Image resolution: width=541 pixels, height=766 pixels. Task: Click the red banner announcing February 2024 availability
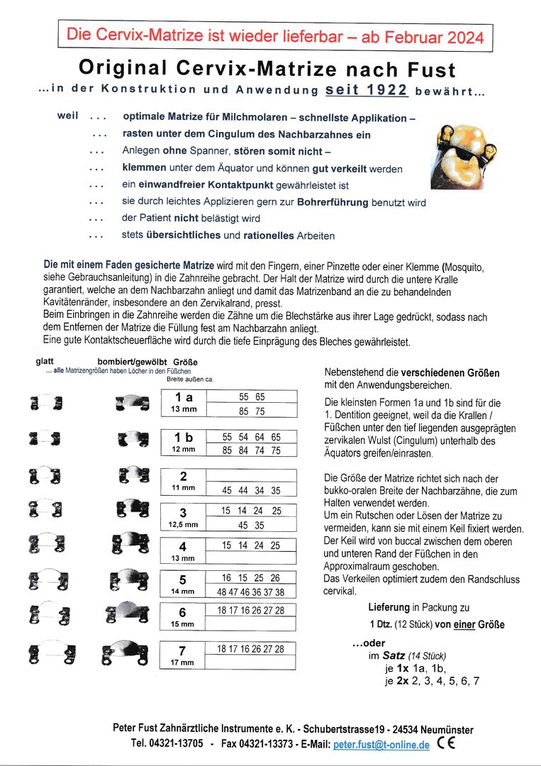(275, 36)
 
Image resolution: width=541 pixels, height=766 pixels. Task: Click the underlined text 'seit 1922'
(366, 90)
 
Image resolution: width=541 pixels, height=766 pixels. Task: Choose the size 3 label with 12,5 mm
(183, 518)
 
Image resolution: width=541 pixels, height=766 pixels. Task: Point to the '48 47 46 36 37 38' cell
(251, 592)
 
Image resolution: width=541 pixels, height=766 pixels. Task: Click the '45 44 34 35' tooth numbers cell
(251, 490)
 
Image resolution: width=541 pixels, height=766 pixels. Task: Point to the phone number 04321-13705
(177, 745)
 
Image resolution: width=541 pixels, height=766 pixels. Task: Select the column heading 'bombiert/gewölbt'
(132, 361)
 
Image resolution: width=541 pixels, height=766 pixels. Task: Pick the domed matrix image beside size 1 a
(131, 404)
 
